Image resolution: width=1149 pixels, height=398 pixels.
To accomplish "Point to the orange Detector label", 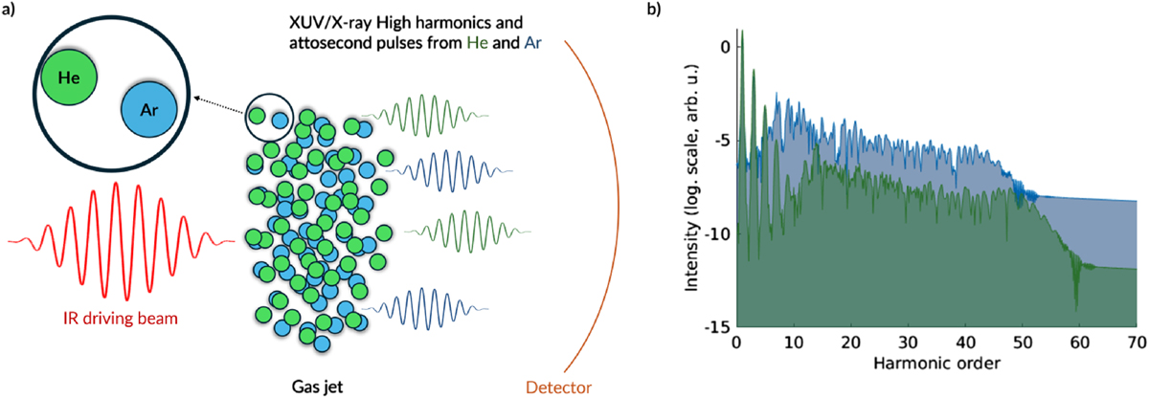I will [x=558, y=387].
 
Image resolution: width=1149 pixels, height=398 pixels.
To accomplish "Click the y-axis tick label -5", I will [x=720, y=141].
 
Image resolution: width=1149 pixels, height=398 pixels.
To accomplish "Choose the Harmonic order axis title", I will [x=935, y=364].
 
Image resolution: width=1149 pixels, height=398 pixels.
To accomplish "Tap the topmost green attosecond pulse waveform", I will [x=432, y=116].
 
